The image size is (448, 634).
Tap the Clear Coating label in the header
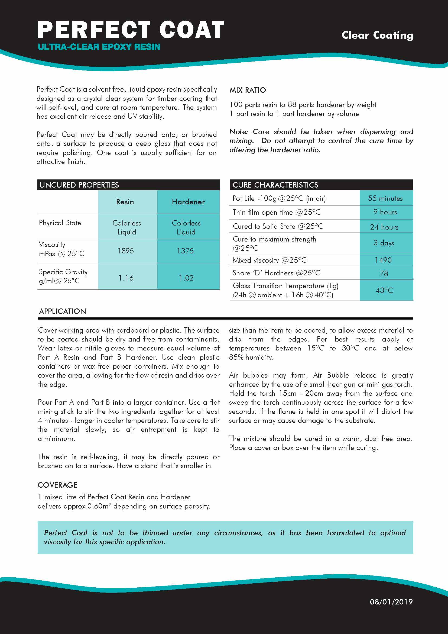[377, 35]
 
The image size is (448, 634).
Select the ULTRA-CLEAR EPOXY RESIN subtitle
[99, 47]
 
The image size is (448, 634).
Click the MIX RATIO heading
[248, 90]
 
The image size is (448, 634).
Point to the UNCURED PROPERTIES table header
[79, 185]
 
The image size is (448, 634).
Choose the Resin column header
[125, 202]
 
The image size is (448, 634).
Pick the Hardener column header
[189, 202]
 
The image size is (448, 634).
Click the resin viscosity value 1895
[126, 251]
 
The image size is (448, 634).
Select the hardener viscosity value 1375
[185, 251]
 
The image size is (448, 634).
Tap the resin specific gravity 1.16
[126, 278]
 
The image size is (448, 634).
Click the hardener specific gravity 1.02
[186, 278]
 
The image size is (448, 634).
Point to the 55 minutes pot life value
[385, 198]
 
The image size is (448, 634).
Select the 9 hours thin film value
[385, 212]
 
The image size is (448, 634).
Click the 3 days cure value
[384, 243]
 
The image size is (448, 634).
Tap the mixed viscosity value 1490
[383, 260]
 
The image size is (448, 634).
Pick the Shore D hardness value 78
[384, 273]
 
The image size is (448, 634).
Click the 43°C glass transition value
[384, 291]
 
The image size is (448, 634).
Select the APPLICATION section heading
[63, 311]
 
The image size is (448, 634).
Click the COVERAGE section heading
[57, 485]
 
